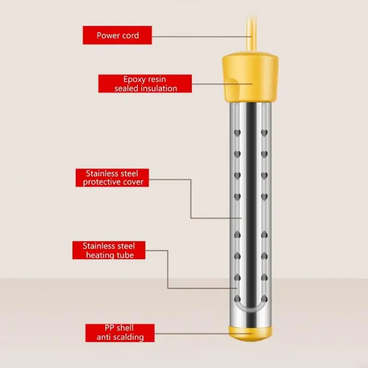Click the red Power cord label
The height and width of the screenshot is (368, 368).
point(118,35)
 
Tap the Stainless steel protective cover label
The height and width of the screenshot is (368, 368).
point(113,178)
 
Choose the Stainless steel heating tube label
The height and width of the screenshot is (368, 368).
point(109,250)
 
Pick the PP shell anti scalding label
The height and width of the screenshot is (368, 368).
point(120,333)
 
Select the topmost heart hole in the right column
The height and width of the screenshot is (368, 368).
point(264,133)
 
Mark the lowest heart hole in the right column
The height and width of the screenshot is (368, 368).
point(264,298)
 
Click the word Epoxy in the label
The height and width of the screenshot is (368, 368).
point(134,79)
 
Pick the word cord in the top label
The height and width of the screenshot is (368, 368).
point(130,35)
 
